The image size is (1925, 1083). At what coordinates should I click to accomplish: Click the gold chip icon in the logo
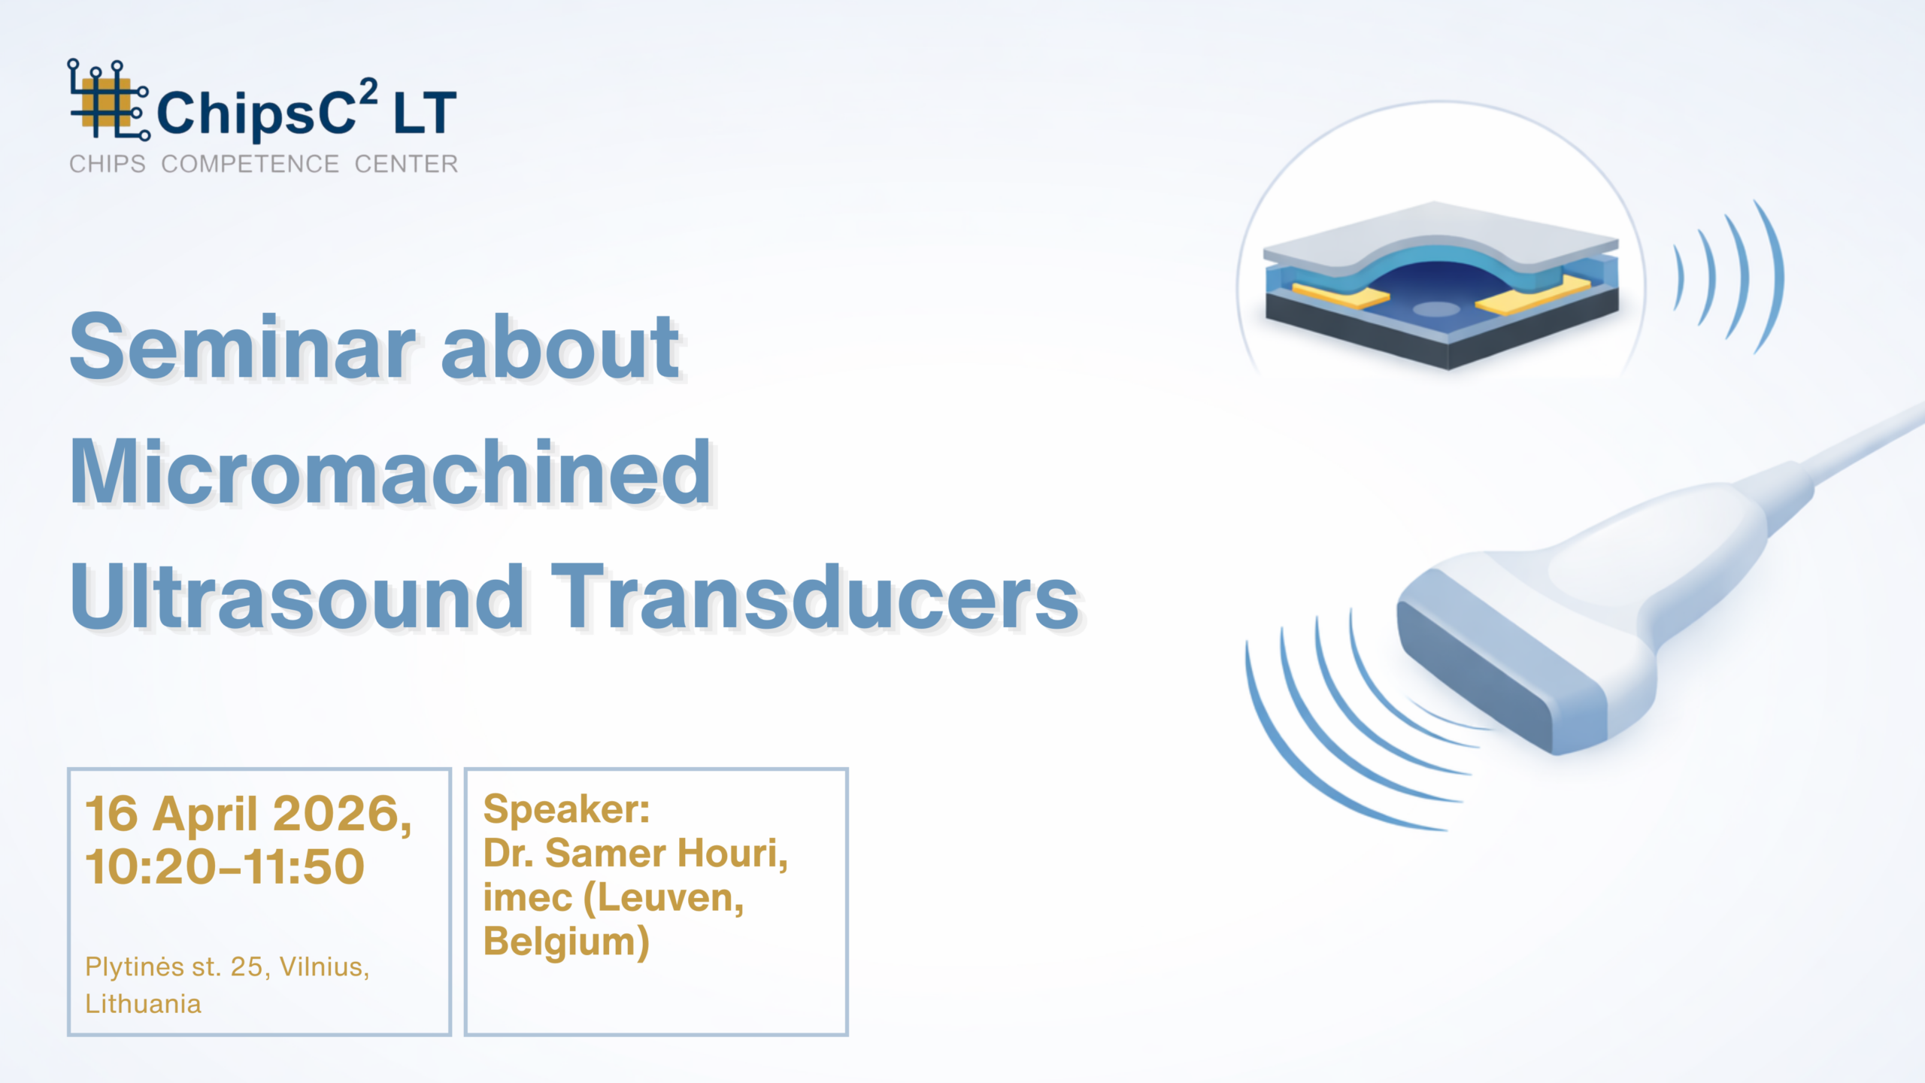coord(105,106)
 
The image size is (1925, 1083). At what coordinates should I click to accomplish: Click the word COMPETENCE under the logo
coord(250,164)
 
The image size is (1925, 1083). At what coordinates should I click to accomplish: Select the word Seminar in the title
coord(242,347)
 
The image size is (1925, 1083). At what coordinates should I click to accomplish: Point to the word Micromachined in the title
coord(391,472)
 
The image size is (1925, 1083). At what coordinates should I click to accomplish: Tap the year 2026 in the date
coord(342,814)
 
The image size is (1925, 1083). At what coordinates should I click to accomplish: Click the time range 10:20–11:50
coord(225,866)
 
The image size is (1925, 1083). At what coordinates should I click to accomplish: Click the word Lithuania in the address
coord(143,1004)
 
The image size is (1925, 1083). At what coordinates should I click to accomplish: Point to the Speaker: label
coord(566,811)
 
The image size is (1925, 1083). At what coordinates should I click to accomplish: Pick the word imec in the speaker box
coord(527,898)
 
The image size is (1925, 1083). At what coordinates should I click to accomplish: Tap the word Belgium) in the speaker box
coord(566,942)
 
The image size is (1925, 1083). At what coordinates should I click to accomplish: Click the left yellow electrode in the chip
coord(1340,294)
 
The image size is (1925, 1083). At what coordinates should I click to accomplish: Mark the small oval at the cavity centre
coord(1436,308)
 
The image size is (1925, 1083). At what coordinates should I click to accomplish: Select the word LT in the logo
coord(425,113)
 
